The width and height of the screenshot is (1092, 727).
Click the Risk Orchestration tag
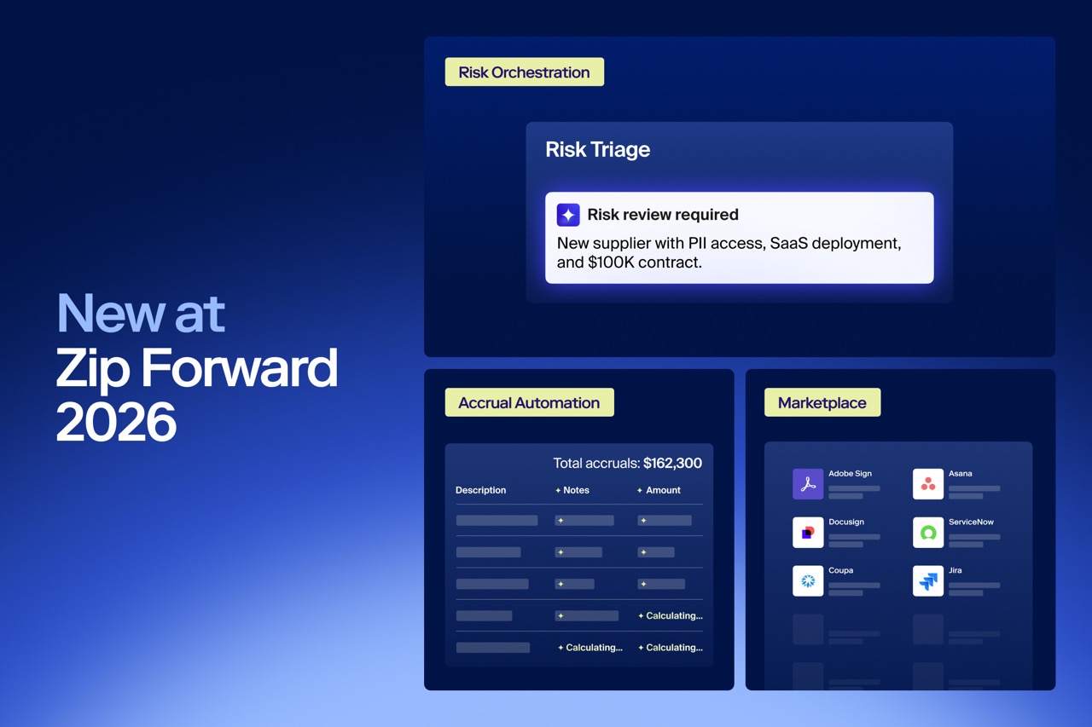pyautogui.click(x=524, y=72)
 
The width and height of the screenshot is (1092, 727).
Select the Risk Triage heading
pyautogui.click(x=597, y=149)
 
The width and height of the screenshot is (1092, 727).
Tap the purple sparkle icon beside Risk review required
pyautogui.click(x=568, y=215)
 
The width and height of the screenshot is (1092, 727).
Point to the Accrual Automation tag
pyautogui.click(x=530, y=402)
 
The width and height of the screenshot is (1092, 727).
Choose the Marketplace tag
pyautogui.click(x=822, y=402)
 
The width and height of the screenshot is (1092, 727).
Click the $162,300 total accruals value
pyautogui.click(x=672, y=463)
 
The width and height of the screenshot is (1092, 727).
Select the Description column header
pyautogui.click(x=480, y=490)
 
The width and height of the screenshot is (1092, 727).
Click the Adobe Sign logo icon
pyautogui.click(x=808, y=484)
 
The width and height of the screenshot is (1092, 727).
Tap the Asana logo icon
pyautogui.click(x=927, y=484)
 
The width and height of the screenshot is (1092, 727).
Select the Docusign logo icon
pyautogui.click(x=808, y=532)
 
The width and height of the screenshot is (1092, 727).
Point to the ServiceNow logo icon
pyautogui.click(x=927, y=532)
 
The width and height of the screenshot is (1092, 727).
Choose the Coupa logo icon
pyautogui.click(x=808, y=581)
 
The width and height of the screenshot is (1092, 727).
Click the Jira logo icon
pyautogui.click(x=927, y=581)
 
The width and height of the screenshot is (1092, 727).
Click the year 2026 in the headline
pyautogui.click(x=116, y=421)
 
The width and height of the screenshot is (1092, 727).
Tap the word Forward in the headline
pyautogui.click(x=240, y=367)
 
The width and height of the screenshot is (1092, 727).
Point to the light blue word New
pyautogui.click(x=111, y=314)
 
